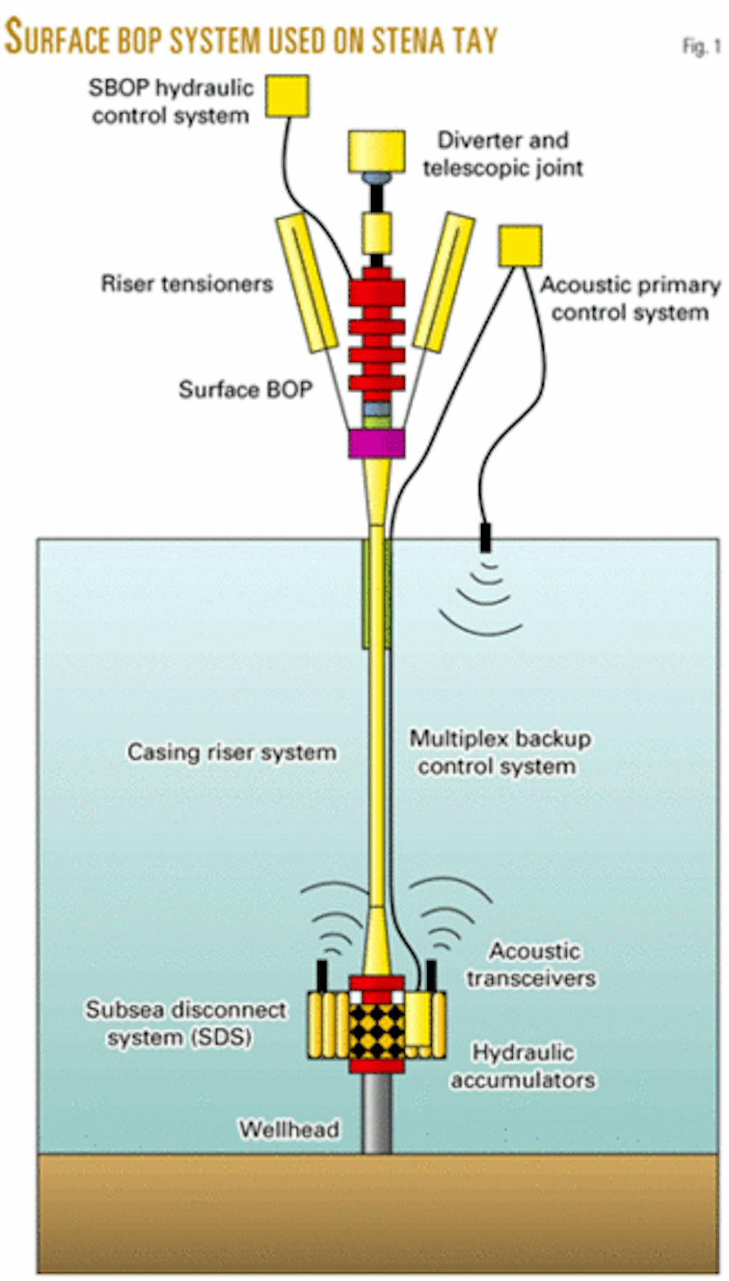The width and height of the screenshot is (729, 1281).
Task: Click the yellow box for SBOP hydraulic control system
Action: click(x=287, y=96)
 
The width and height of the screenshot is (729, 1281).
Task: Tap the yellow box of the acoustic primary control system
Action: click(x=520, y=246)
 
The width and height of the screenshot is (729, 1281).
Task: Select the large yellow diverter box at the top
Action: click(x=377, y=151)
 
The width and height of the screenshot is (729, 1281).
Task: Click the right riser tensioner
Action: click(x=444, y=283)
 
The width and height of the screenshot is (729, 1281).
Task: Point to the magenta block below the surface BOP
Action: click(x=377, y=443)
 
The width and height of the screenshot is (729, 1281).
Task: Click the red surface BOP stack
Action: click(x=377, y=334)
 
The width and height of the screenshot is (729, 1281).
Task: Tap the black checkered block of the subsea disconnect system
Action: click(x=377, y=1031)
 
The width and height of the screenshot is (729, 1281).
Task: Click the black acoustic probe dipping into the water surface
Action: click(x=485, y=537)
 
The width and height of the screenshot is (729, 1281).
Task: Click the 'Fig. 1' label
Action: click(x=702, y=47)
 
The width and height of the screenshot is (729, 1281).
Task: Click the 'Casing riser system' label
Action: click(x=231, y=752)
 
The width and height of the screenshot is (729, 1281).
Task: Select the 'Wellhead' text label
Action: click(x=289, y=1129)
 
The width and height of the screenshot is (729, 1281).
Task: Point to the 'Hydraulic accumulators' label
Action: click(x=523, y=1066)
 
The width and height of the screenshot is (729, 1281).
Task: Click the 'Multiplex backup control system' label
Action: click(x=499, y=752)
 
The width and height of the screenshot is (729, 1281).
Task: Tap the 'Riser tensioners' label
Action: click(x=187, y=284)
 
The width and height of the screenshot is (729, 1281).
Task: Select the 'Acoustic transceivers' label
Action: click(x=532, y=965)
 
